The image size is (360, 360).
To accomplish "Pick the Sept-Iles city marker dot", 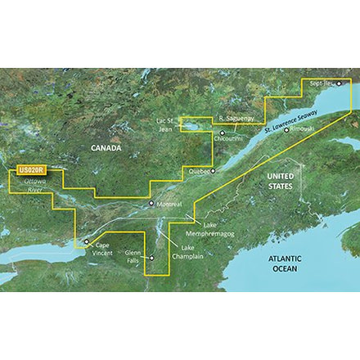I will tap(338, 83).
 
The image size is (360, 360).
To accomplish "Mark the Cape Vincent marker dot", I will tap(85, 241).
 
